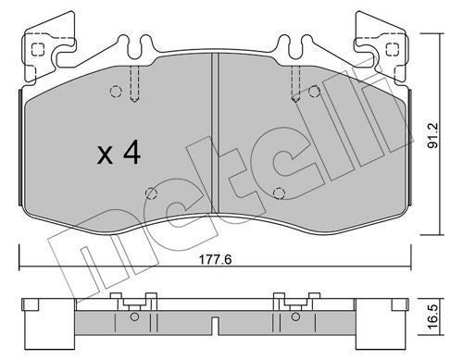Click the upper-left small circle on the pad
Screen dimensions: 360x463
pos(116,91)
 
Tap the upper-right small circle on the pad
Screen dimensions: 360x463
pos(315,91)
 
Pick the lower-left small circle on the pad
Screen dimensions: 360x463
pos(150,192)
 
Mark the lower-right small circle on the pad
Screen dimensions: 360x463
pos(280,192)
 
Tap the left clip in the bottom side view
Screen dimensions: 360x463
pos(130,301)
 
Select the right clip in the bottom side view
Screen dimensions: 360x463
pos(290,301)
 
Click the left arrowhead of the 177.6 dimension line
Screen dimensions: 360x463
pos(22,268)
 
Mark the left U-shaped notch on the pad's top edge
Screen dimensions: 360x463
pos(144,42)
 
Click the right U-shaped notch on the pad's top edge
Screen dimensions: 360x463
pos(285,42)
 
